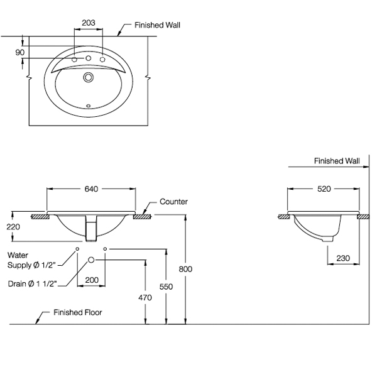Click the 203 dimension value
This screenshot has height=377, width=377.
[89, 23]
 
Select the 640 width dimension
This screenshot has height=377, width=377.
[91, 188]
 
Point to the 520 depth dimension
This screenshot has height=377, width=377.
[324, 188]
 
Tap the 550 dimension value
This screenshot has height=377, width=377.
[166, 285]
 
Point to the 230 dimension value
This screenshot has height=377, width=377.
[343, 258]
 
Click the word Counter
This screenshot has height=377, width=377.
[174, 202]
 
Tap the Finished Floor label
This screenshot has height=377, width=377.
[78, 312]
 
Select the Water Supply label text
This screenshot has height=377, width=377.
[31, 261]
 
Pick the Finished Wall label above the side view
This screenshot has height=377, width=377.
[337, 161]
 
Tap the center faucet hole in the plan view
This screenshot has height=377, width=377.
[89, 60]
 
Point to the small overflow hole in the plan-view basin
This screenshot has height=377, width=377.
[89, 104]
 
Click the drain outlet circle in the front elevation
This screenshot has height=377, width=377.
[92, 260]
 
